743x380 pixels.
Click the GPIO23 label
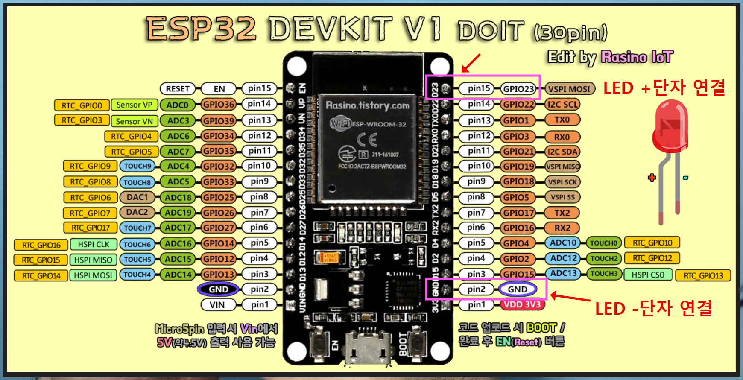click(x=518, y=89)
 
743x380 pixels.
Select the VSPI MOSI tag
click(x=570, y=89)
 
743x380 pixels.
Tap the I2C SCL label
click(x=562, y=105)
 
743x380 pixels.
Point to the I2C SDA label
click(x=562, y=152)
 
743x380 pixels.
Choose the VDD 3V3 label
click(x=522, y=304)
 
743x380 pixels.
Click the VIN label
click(x=217, y=305)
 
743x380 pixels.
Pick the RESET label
click(x=178, y=89)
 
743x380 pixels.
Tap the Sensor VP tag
click(x=134, y=105)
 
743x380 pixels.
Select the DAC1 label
click(x=137, y=197)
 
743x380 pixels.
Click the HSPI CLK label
click(x=94, y=244)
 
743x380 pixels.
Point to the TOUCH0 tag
click(x=603, y=243)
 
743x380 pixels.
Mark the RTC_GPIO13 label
click(x=703, y=276)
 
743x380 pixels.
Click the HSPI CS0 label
click(x=648, y=275)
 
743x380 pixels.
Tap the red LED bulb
click(x=670, y=124)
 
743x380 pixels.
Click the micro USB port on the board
click(x=367, y=346)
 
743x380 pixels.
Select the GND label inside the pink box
click(x=518, y=289)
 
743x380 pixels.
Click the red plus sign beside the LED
click(x=652, y=178)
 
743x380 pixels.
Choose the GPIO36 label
click(x=219, y=105)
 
